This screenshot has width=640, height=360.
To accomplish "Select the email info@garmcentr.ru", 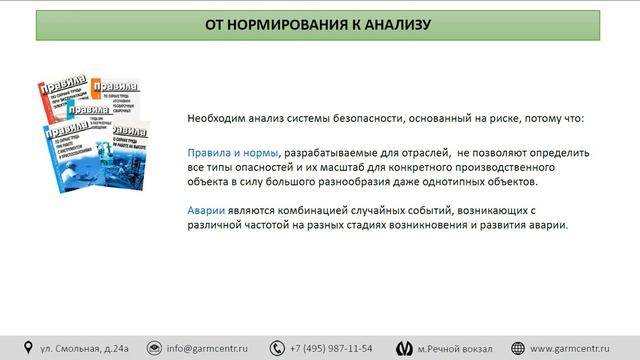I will point(207,348).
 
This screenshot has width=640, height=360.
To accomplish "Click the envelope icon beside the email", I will point(154,348).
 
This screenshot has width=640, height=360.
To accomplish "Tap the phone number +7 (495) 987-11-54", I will point(331,348).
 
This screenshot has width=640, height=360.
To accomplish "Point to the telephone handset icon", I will point(275,348).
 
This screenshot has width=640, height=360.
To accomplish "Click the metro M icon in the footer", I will point(403,348).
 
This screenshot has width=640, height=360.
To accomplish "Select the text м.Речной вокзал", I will point(455,348).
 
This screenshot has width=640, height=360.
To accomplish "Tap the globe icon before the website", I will point(519,348).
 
